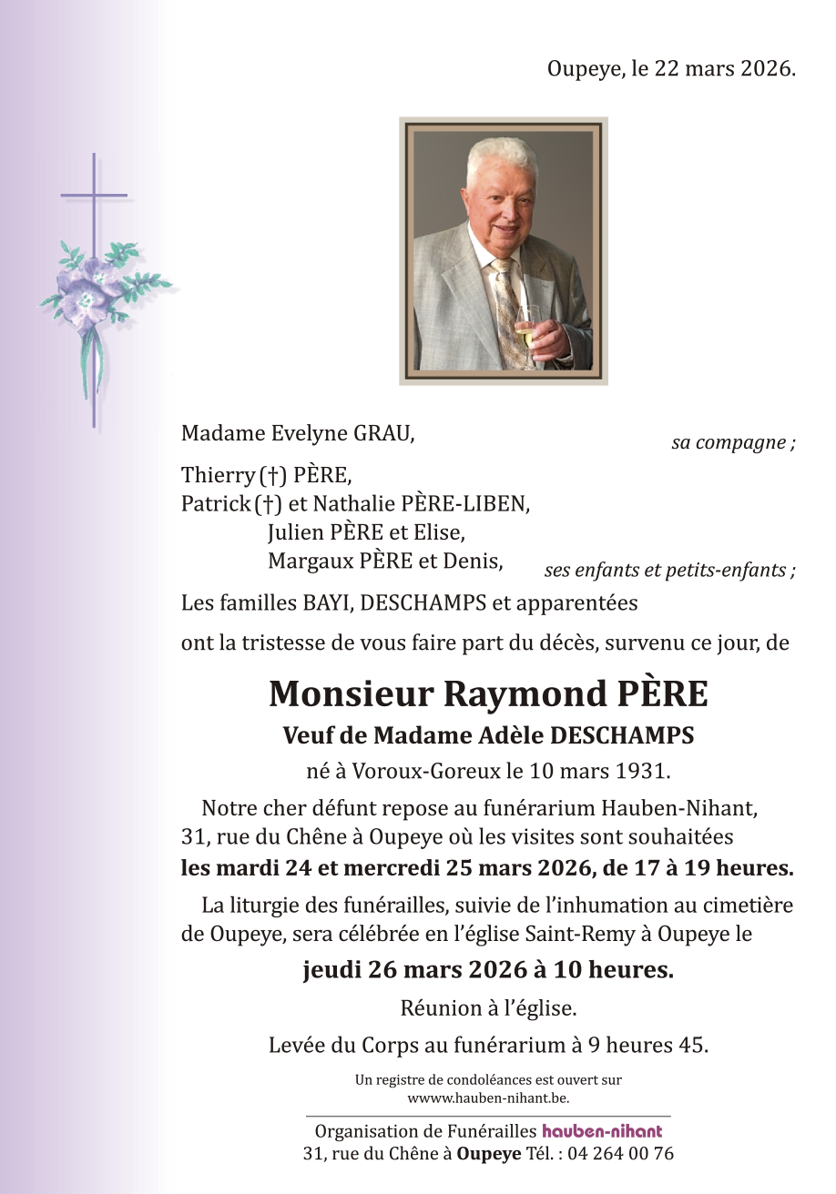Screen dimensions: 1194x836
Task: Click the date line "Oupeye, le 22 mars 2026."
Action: (x=671, y=69)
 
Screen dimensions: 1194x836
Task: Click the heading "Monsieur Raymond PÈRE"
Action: (x=487, y=694)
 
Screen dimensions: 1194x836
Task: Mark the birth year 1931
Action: (x=644, y=772)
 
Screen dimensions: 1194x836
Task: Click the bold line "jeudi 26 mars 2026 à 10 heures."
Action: (x=487, y=970)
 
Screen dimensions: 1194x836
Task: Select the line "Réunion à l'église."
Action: (x=487, y=1007)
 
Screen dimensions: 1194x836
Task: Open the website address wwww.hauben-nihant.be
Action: (x=488, y=1098)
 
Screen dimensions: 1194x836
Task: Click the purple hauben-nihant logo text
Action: (x=602, y=1132)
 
